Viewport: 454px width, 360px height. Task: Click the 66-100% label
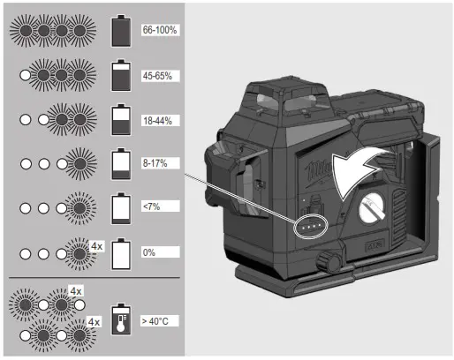coord(160,30)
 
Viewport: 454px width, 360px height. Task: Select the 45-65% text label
coord(157,76)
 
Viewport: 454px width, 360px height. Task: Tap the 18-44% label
coord(157,121)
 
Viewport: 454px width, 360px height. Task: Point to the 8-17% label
coord(155,163)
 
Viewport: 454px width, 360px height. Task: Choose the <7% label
coord(151,206)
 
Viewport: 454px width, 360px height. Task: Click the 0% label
coord(149,252)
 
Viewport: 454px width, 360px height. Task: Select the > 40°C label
coord(155,321)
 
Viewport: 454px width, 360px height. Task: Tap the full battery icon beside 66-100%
coord(121,31)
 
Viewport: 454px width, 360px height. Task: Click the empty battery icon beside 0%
coord(121,254)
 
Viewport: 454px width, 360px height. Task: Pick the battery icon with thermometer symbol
coord(121,319)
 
